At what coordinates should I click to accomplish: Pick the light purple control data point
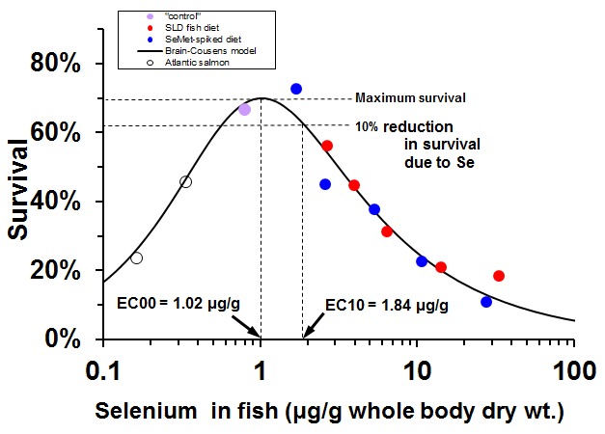pos(244,110)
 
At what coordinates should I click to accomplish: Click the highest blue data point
pos(296,89)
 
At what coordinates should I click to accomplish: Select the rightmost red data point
pos(499,276)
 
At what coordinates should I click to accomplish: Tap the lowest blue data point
pos(486,302)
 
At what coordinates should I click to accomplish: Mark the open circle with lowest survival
pos(136,258)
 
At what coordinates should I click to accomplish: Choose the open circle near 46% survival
pos(186,181)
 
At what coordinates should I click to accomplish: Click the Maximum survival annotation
pos(410,97)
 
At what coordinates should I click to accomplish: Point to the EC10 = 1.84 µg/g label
pos(386,306)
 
